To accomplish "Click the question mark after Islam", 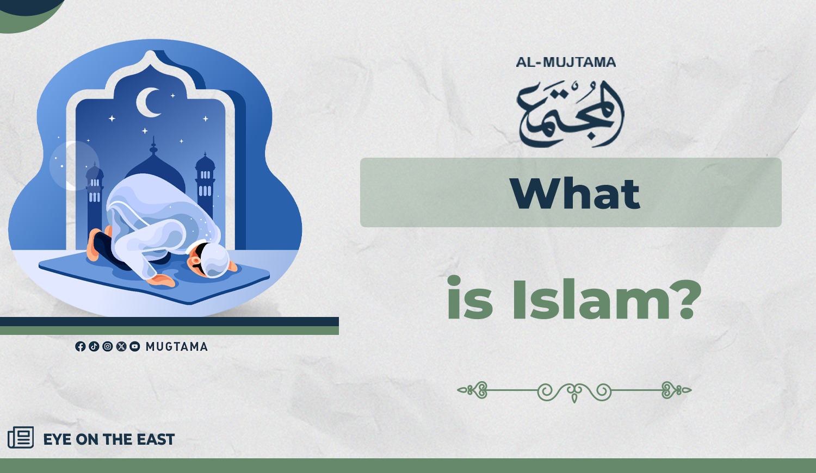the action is pos(685,298).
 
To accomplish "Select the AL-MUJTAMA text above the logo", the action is pos(566,63).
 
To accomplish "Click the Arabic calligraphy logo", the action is pos(570,114).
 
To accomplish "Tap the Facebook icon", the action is pos(80,346).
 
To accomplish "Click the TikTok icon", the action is pos(94,346).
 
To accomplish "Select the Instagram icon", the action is pos(108,346).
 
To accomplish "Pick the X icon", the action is pos(121,346).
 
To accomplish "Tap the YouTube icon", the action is pos(135,346).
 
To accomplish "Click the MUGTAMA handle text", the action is pos(177,346).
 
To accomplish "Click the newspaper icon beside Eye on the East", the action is pos(21,437).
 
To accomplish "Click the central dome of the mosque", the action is pos(155,167).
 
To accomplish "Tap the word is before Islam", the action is pos(470,298).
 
